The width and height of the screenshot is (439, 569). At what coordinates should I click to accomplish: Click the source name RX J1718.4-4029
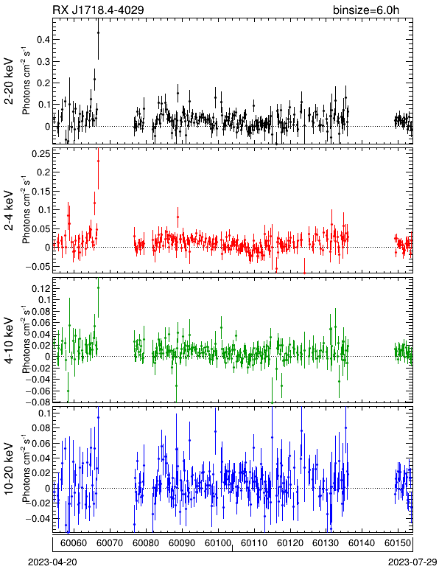[98, 10]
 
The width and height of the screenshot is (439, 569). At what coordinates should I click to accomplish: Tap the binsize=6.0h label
[366, 10]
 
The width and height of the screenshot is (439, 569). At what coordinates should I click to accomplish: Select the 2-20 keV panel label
[9, 81]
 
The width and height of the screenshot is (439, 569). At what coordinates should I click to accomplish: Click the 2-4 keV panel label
[9, 211]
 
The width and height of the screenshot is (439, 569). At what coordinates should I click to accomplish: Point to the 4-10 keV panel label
[9, 341]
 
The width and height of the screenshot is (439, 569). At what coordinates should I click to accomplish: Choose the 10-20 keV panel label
[9, 469]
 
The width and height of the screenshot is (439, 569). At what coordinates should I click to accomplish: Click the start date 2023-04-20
[52, 562]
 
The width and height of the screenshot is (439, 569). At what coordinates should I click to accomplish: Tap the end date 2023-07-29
[412, 562]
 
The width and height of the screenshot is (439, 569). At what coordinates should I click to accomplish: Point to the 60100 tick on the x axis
[218, 543]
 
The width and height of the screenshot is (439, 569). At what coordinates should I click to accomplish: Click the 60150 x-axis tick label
[398, 543]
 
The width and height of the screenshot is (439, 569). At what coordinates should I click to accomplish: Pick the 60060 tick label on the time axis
[74, 543]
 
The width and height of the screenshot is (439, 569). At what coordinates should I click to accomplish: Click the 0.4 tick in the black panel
[43, 39]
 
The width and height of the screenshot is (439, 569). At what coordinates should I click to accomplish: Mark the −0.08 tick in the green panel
[38, 402]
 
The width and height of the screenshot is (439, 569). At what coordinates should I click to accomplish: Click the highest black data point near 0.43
[98, 32]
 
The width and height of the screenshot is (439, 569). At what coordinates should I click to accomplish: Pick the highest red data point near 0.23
[98, 161]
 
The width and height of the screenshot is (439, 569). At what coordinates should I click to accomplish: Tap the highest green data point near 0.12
[98, 287]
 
